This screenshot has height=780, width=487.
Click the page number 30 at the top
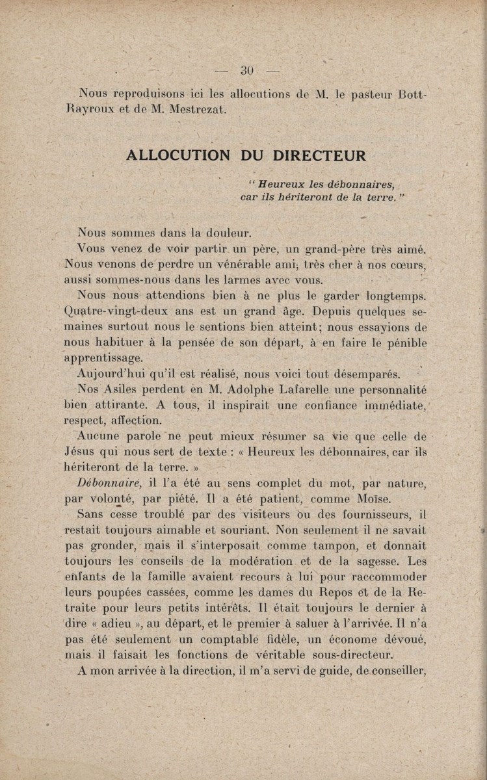coord(246,71)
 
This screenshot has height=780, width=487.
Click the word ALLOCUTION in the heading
coord(178,156)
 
